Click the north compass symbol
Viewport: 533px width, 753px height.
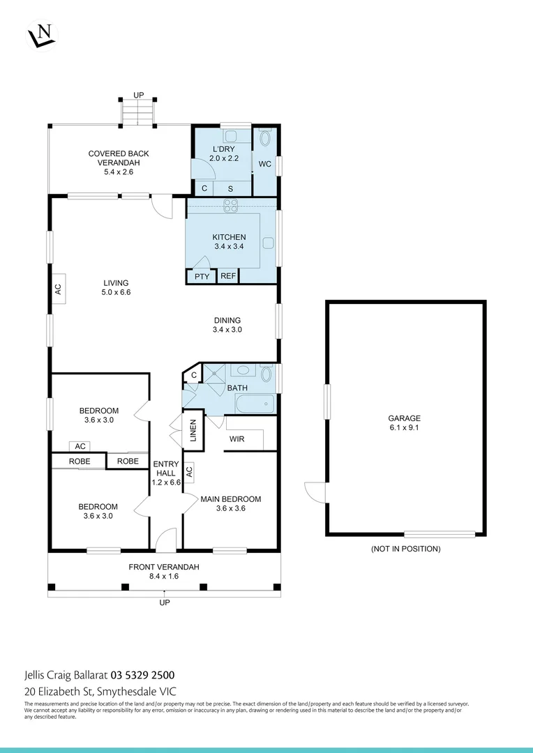click(42, 34)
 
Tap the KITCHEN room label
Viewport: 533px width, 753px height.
click(229, 238)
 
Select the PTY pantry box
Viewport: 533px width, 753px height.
click(202, 277)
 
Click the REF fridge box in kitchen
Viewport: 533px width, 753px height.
click(228, 277)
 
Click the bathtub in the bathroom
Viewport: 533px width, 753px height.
click(255, 404)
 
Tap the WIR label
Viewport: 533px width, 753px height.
click(237, 439)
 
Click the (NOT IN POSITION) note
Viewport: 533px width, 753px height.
click(405, 549)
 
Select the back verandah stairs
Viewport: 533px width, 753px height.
click(137, 112)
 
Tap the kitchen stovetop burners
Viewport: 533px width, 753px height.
click(231, 205)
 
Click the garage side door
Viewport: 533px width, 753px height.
click(315, 492)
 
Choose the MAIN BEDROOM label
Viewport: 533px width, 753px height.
click(230, 499)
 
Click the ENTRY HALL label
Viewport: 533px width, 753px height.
click(166, 469)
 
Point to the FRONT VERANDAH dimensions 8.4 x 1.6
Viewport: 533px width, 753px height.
click(164, 577)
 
